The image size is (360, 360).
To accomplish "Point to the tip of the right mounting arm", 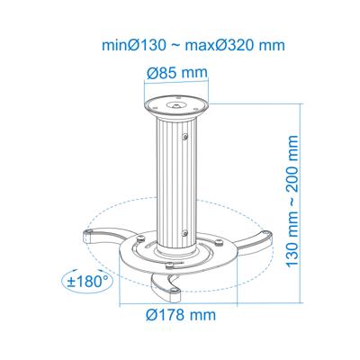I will coord(268,236).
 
